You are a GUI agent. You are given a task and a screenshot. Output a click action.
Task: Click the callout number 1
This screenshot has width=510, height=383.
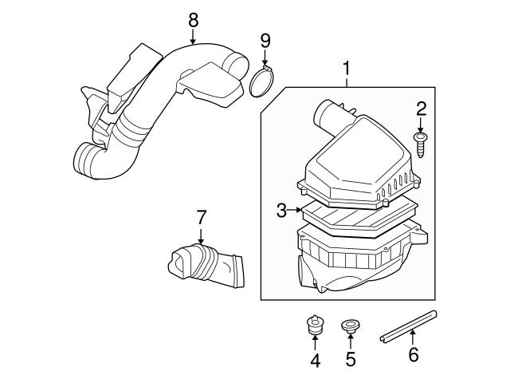(347, 69)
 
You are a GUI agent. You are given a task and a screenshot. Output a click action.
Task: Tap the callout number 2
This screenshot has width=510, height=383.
(421, 109)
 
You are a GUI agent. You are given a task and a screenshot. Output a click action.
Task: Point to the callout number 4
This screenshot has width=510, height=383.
(314, 360)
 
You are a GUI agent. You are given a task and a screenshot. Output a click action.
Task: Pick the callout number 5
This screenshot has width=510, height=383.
(351, 360)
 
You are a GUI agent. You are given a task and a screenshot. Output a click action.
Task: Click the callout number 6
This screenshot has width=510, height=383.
(413, 355)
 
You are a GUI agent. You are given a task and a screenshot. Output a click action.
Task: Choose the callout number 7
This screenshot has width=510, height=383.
(201, 216)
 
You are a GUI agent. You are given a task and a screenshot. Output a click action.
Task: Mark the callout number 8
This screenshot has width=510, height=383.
(193, 19)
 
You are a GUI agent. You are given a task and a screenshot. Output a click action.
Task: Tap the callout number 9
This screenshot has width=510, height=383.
(266, 39)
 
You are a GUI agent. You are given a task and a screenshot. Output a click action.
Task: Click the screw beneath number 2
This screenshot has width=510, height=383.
(421, 146)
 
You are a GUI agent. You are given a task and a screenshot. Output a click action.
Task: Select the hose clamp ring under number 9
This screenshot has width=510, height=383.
(262, 82)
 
